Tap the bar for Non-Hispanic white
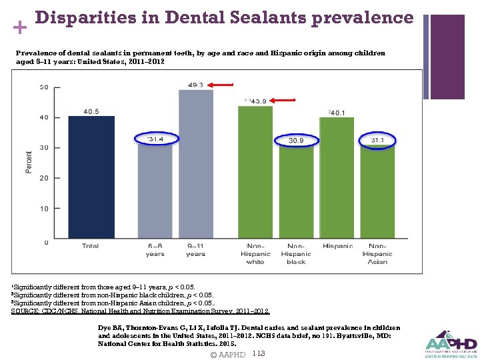(x=255, y=173)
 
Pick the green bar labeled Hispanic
(x=337, y=179)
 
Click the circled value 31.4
(x=155, y=139)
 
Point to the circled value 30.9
(x=296, y=141)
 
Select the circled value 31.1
(x=377, y=140)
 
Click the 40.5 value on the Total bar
(x=91, y=111)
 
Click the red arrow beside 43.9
(x=284, y=100)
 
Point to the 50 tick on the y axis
(x=44, y=87)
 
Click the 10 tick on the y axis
(x=44, y=209)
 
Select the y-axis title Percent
(x=29, y=163)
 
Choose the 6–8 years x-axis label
(x=155, y=249)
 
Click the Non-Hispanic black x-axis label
(x=296, y=253)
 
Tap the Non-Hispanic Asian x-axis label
(x=377, y=253)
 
